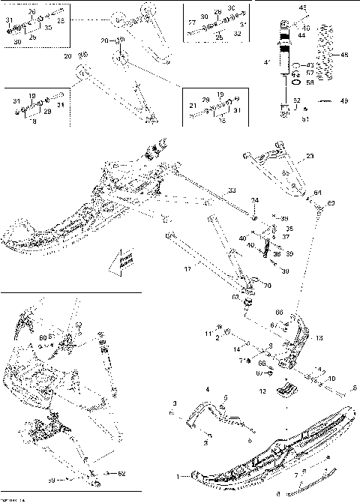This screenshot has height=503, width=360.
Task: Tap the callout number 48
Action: [x=344, y=55]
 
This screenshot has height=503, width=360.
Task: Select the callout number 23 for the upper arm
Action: [x=310, y=157]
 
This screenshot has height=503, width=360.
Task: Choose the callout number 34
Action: [x=254, y=201]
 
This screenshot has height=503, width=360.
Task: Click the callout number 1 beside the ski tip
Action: [x=177, y=476]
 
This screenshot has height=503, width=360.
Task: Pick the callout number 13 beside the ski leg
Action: [x=320, y=339]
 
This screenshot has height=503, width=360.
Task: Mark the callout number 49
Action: [x=344, y=100]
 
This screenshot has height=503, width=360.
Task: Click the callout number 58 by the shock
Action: [x=310, y=82]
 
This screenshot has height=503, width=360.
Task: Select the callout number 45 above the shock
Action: [x=304, y=7]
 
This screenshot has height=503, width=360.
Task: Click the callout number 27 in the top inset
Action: [x=191, y=23]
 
